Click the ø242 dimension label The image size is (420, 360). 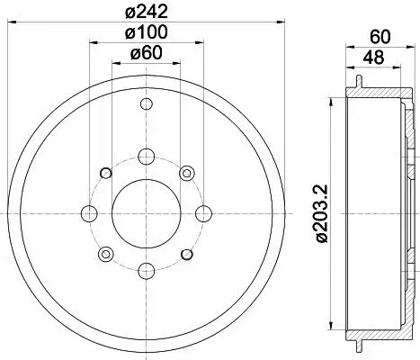146,12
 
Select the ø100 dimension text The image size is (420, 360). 146,31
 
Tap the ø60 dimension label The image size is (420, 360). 146,53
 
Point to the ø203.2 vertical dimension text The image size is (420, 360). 323,213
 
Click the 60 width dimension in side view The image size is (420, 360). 380,37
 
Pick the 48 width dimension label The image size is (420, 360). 373,57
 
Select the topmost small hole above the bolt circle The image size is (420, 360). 147,104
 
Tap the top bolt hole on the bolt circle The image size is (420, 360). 147,157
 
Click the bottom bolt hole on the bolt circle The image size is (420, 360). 147,271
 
